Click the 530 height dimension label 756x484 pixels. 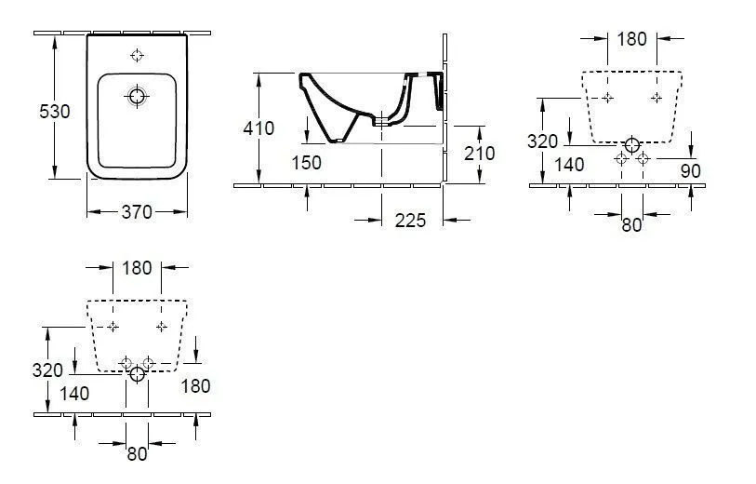54,112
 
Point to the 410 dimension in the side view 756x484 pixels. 259,128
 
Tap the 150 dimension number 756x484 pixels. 305,163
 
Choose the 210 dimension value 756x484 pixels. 479,153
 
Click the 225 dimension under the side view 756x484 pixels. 410,221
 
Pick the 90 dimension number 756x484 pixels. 689,170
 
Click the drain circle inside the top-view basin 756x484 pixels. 138,96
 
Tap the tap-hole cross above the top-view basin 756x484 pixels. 138,55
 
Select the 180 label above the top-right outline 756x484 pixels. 631,39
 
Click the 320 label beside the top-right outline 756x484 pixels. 542,141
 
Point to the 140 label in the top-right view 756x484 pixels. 568,165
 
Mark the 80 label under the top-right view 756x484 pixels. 632,224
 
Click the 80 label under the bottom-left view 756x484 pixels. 137,453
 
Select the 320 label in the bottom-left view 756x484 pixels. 46,370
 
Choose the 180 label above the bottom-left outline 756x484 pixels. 137,268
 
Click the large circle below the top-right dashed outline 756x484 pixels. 632,145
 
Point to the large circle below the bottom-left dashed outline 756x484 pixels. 138,374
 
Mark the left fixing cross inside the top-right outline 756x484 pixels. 607,98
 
